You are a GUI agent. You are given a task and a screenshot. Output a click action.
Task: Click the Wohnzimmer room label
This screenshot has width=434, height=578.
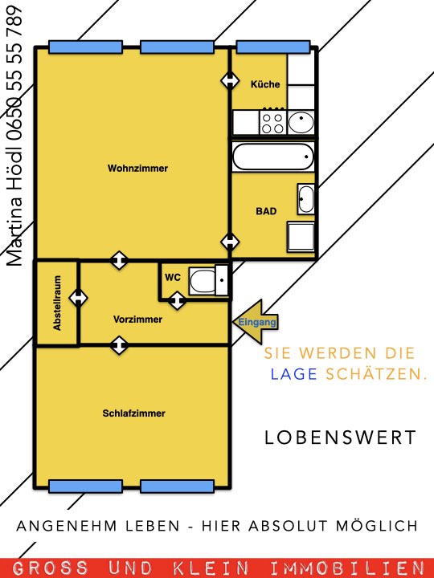pyautogui.click(x=137, y=169)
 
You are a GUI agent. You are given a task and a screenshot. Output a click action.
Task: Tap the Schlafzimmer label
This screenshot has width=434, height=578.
pyautogui.click(x=133, y=413)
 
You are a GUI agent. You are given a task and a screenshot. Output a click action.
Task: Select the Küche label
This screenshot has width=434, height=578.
pyautogui.click(x=265, y=84)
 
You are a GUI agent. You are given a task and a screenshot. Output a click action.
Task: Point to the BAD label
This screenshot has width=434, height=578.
pyautogui.click(x=266, y=211)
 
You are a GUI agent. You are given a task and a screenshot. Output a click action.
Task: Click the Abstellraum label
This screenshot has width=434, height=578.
pyautogui.click(x=57, y=303)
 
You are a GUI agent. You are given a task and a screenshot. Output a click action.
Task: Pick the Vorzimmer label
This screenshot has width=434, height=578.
pyautogui.click(x=137, y=320)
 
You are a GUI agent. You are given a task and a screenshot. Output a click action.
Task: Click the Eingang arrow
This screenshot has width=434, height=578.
pyautogui.click(x=256, y=322)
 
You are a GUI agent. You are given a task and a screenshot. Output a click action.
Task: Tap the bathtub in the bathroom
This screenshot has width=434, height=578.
pyautogui.click(x=273, y=157)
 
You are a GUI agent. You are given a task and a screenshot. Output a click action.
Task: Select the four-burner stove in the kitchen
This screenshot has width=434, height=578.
pyautogui.click(x=273, y=123)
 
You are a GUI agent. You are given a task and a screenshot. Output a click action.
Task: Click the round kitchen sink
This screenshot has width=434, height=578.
pyautogui.click(x=301, y=122)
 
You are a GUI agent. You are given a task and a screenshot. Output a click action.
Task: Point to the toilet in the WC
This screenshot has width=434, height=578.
pyautogui.click(x=208, y=280)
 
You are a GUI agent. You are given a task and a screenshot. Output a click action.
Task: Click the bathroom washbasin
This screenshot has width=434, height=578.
pyautogui.click(x=306, y=199)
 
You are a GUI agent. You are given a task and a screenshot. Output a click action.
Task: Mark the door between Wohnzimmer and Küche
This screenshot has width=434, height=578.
pyautogui.click(x=230, y=80)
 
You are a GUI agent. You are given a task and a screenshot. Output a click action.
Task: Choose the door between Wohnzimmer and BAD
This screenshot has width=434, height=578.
pyautogui.click(x=230, y=242)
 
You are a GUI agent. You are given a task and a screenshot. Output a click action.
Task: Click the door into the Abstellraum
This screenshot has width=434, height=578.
pyautogui.click(x=78, y=298)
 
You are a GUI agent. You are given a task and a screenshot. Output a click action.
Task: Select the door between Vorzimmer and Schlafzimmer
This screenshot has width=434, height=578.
pyautogui.click(x=119, y=345)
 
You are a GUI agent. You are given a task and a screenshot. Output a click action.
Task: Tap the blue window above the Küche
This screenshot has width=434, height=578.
pyautogui.click(x=273, y=47)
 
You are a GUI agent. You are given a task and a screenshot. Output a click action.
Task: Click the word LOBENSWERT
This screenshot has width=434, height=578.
pyautogui.click(x=340, y=438)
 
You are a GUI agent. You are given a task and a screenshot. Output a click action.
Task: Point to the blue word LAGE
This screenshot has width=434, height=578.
pyautogui.click(x=294, y=374)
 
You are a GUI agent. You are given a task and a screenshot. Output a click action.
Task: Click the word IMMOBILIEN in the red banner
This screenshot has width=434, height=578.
pyautogui.click(x=346, y=568)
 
